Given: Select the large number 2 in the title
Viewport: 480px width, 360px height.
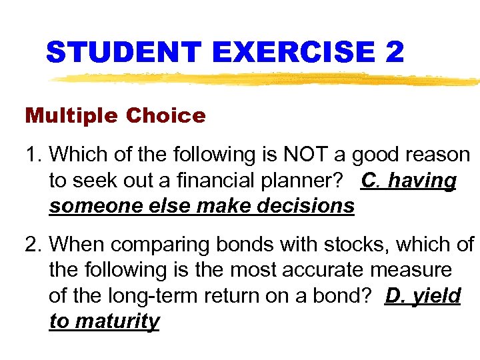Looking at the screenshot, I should coord(394,52).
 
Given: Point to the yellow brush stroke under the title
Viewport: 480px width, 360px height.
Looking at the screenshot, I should coord(267,80).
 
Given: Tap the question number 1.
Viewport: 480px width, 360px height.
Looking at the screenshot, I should coord(33,155).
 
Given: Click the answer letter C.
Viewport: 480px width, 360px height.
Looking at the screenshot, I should coord(369,181).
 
